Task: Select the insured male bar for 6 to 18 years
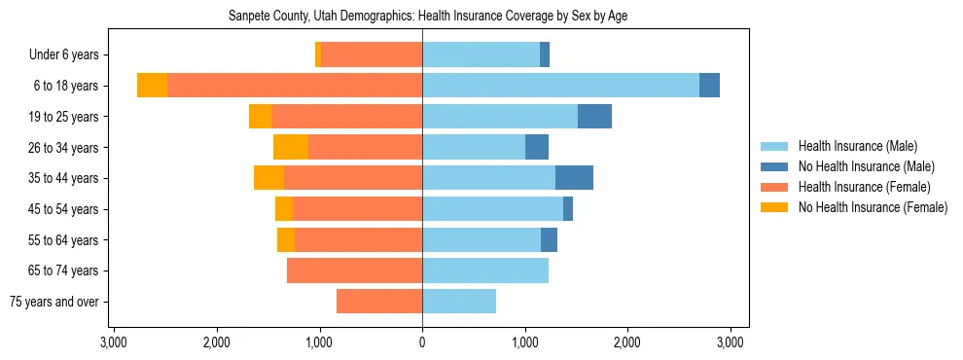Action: click(x=560, y=86)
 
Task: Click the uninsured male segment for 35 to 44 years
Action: click(x=574, y=178)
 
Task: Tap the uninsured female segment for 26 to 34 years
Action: click(x=291, y=147)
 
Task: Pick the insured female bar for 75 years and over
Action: click(x=379, y=302)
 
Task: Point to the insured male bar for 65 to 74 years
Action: click(x=485, y=270)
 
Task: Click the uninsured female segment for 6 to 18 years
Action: click(x=152, y=86)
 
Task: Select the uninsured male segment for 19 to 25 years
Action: click(x=594, y=117)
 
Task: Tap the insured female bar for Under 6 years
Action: click(x=372, y=54)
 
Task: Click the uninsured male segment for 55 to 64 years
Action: click(x=549, y=239)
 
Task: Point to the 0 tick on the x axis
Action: click(x=422, y=342)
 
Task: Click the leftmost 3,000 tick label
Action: click(x=114, y=342)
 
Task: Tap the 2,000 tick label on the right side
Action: click(x=627, y=342)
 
